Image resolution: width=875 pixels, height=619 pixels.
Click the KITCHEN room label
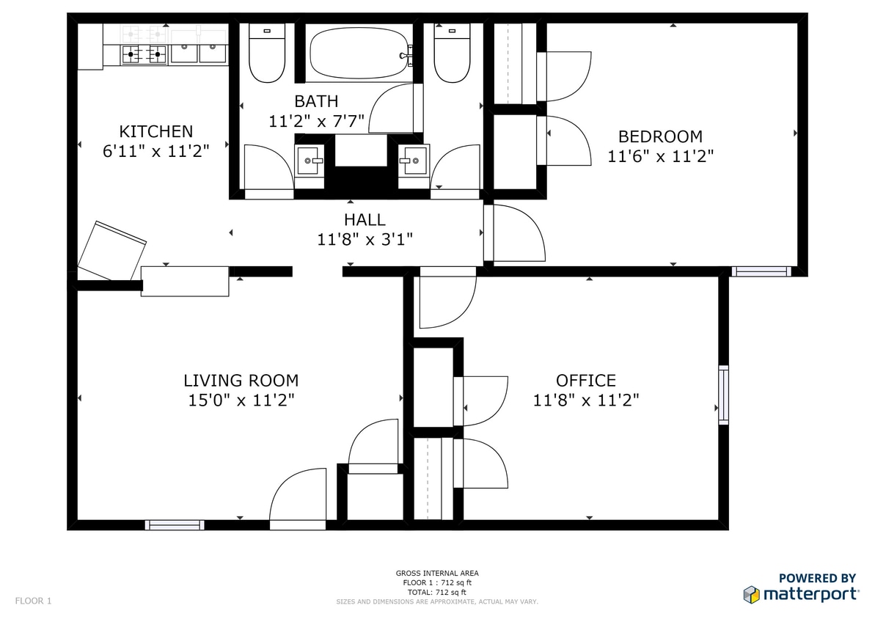pos(156,132)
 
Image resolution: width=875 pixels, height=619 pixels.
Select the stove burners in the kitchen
pos(144,53)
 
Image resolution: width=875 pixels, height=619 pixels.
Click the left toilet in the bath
pos(267,54)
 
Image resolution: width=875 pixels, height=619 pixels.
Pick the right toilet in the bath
pos(451,54)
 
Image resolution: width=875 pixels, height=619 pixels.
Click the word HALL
pos(365,220)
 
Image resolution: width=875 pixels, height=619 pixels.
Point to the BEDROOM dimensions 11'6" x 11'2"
pos(660,156)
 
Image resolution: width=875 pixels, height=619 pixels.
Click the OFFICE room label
pos(585,381)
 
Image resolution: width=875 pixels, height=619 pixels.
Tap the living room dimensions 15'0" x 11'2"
pos(241,400)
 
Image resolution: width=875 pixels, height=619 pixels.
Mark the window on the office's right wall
pos(723,395)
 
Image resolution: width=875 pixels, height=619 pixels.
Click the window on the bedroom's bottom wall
pos(762,271)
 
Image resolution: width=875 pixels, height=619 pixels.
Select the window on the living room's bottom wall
pos(175,524)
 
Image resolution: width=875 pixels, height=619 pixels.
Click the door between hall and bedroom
pos(513,234)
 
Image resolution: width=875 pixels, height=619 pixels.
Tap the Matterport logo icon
pos(751,594)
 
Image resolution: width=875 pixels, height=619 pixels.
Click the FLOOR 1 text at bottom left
pos(33,601)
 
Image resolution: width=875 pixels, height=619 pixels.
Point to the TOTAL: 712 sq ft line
pos(436,592)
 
